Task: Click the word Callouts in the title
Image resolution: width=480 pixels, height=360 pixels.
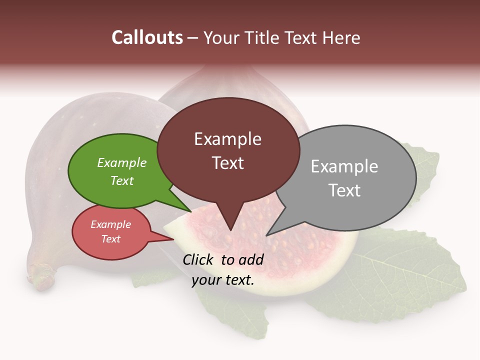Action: (147, 37)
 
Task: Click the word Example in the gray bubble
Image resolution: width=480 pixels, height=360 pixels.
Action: (344, 166)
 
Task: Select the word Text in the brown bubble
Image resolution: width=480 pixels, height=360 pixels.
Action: (228, 163)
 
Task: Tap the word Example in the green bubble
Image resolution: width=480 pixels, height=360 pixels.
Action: (122, 163)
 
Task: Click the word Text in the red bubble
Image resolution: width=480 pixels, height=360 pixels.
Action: (111, 239)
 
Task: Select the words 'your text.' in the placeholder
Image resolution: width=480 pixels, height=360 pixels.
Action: (223, 280)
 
